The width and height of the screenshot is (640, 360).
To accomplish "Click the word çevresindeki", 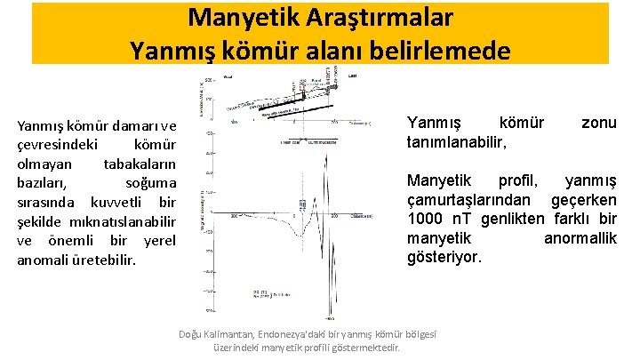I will point(58,145).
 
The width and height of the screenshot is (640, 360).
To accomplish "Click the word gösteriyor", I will point(444,257).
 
